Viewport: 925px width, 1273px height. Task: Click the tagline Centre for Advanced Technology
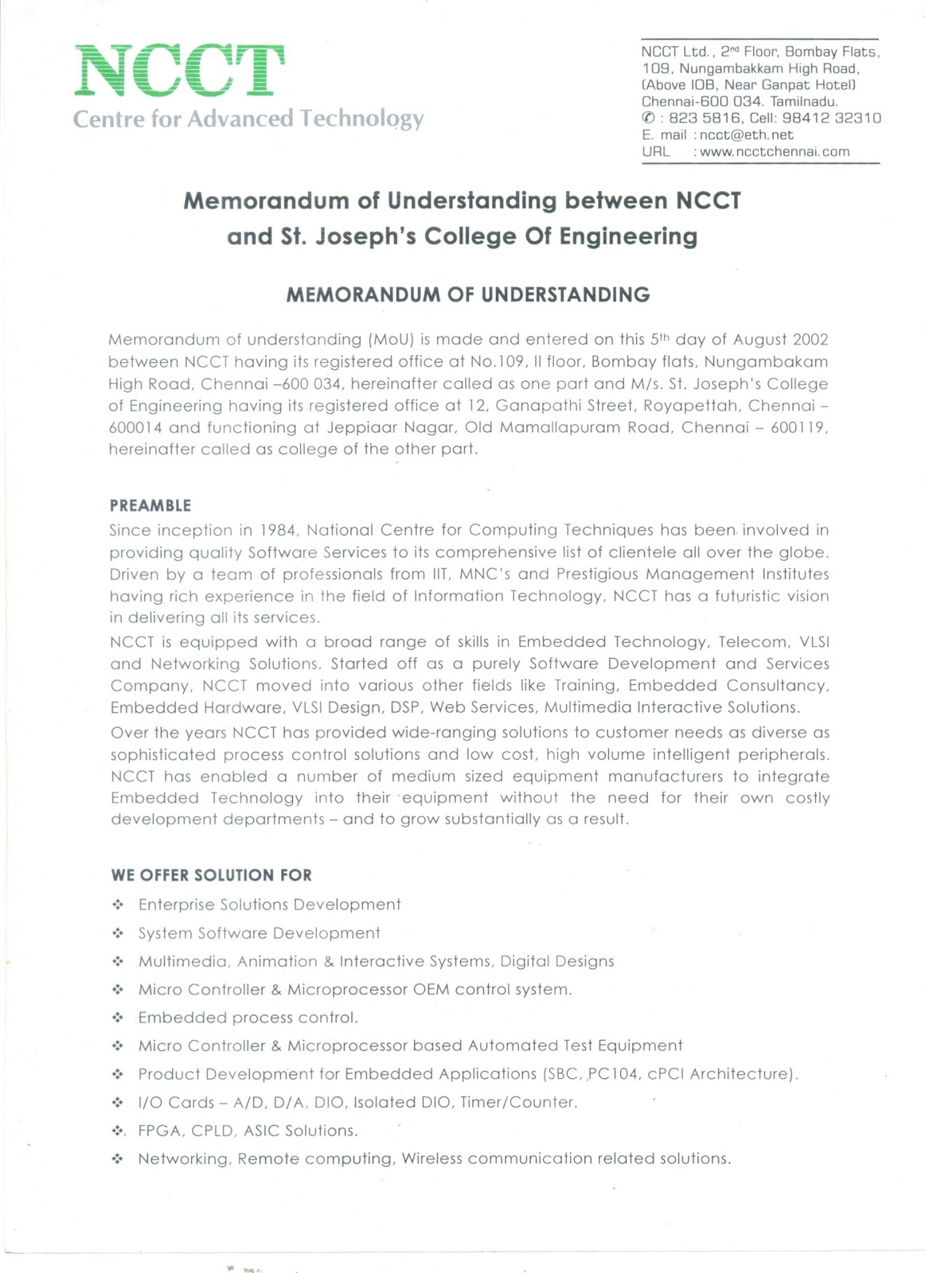click(248, 119)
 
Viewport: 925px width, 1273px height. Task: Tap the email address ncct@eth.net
click(746, 135)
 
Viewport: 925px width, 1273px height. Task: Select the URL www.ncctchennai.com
click(774, 152)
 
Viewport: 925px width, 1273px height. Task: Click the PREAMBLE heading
click(150, 506)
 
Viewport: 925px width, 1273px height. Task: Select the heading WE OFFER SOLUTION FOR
click(211, 875)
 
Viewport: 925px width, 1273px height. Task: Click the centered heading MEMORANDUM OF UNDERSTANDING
click(467, 295)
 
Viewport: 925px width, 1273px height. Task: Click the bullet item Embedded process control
click(248, 1018)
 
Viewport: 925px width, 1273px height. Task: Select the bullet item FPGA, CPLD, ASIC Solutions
click(248, 1131)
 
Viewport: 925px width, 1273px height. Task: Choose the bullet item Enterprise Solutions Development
click(269, 905)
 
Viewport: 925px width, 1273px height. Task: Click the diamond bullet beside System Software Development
click(118, 933)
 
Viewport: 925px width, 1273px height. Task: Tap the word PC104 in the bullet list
click(613, 1074)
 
